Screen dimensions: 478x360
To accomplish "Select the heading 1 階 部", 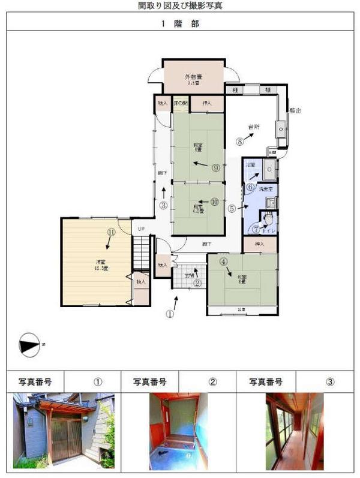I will (x=180, y=25).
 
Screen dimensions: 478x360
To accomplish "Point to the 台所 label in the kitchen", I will (x=254, y=127).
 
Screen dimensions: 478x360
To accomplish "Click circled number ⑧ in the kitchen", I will (x=240, y=142).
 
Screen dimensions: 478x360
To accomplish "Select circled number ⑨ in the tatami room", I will (x=215, y=168).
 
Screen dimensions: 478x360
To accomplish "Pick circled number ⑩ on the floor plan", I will (x=215, y=202).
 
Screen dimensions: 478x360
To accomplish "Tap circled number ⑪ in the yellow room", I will (x=111, y=232).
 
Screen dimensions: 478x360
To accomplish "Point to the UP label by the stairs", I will (x=141, y=229).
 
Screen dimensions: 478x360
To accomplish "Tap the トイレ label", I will (x=269, y=229).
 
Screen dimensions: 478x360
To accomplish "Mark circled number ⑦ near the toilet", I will (x=256, y=229).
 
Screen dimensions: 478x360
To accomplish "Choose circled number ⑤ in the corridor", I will (x=232, y=209).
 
